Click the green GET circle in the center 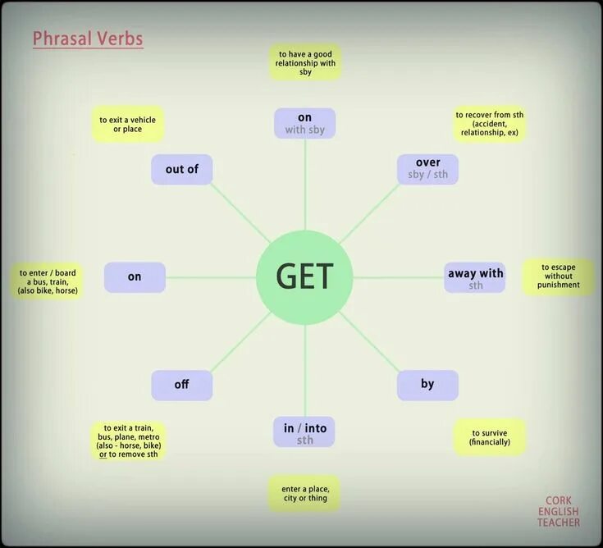(304, 277)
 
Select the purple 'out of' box (182, 169)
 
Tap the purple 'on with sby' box (304, 123)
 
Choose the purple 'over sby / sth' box (427, 168)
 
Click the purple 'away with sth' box (475, 277)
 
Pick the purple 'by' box (427, 385)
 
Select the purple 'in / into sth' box (304, 432)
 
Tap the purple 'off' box (181, 385)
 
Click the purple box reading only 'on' (135, 277)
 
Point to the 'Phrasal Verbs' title (88, 39)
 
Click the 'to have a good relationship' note (305, 62)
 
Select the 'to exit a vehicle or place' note (127, 124)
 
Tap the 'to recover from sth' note (490, 124)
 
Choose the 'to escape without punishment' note (558, 277)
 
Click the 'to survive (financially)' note (490, 437)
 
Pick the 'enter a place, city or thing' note (305, 493)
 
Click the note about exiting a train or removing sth (127, 441)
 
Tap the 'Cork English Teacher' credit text (558, 511)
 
